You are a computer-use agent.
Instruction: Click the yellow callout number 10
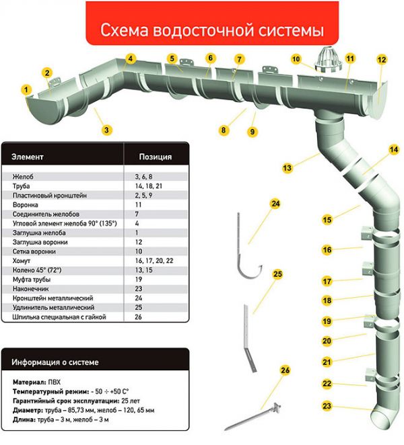pyautogui.click(x=296, y=59)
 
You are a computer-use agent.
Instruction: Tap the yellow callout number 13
pyautogui.click(x=287, y=168)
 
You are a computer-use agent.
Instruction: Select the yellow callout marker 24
pyautogui.click(x=275, y=204)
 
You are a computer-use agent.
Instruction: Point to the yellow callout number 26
pyautogui.click(x=285, y=370)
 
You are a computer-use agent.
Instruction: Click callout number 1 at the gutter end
pyautogui.click(x=26, y=90)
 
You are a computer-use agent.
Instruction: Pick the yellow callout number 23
pyautogui.click(x=327, y=406)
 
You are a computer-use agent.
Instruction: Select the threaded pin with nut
pyautogui.click(x=252, y=416)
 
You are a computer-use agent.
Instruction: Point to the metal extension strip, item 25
pyautogui.click(x=249, y=337)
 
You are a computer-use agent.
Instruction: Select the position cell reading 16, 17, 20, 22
pyautogui.click(x=154, y=261)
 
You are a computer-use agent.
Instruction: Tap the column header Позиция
pyautogui.click(x=156, y=157)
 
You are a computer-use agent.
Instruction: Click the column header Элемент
pyautogui.click(x=28, y=157)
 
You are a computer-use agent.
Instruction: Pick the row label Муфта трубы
pyautogui.click(x=32, y=280)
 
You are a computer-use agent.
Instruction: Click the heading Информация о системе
pyautogui.click(x=55, y=362)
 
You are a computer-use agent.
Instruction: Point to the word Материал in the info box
pyautogui.click(x=29, y=382)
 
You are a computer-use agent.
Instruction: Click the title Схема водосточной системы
pyautogui.click(x=212, y=30)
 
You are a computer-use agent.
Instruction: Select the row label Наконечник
pyautogui.click(x=30, y=289)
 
